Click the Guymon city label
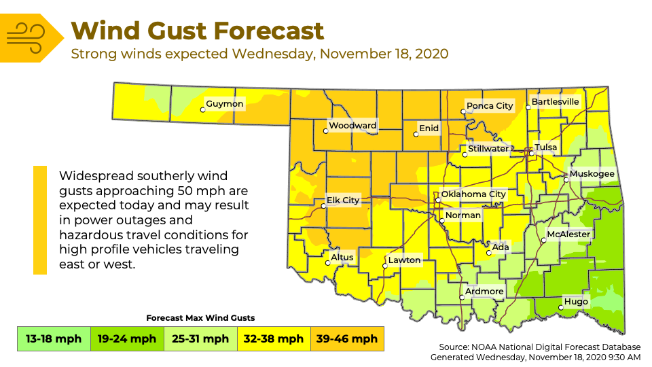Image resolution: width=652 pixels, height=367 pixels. pos(225,104)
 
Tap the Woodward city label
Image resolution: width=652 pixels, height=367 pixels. pos(352,126)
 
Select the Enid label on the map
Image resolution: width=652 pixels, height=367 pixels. pos(429,128)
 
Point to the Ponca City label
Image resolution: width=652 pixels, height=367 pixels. pos(489,106)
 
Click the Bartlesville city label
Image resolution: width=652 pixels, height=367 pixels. pos(555,102)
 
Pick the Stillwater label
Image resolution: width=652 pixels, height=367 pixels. pos(488,149)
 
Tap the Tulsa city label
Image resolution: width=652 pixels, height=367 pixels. pos(545,147)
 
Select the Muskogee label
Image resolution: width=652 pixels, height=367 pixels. pos(592,174)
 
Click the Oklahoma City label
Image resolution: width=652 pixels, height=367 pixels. pos(473,194)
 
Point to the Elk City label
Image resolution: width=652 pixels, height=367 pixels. pos(342,200)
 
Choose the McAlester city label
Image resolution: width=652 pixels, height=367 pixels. pos(568,234)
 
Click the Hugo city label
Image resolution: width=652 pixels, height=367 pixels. pos(576,302)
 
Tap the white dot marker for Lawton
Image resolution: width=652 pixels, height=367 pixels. pos(384,266)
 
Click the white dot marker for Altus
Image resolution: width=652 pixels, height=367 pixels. pos(327,263)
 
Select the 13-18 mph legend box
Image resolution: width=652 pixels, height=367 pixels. pos(54,338)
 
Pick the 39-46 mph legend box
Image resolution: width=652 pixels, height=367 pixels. pos(347,338)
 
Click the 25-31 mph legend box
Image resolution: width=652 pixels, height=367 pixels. pos(201,338)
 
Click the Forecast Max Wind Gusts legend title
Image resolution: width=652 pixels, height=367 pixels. pos(200,318)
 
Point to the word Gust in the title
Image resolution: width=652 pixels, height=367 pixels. pos(179,31)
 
